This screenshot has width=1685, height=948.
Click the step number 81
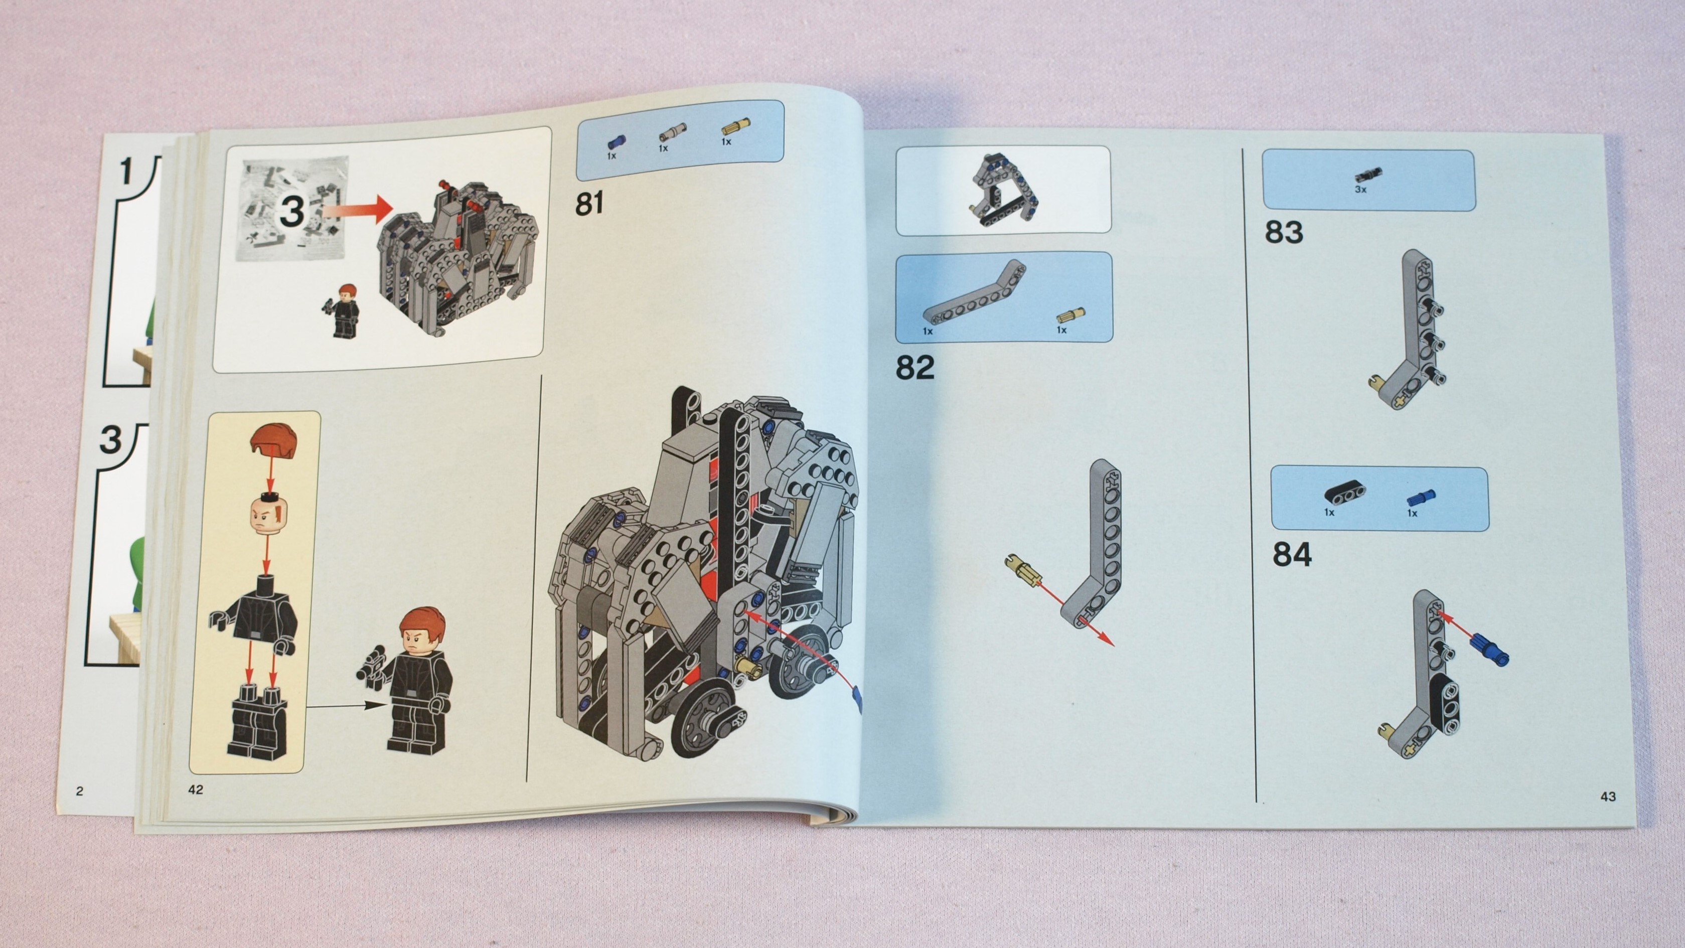tap(589, 204)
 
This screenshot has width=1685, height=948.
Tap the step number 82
tap(914, 368)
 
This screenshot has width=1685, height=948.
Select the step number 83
tap(1283, 232)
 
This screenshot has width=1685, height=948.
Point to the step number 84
tap(1292, 555)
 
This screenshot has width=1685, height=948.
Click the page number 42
tap(196, 789)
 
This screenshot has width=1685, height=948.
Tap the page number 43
tap(1608, 796)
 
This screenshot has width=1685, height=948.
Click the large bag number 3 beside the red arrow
tap(292, 211)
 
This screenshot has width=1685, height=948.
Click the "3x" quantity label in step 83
tap(1360, 189)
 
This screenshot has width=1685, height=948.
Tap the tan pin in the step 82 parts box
tap(1071, 316)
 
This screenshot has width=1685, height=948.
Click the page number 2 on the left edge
tap(80, 791)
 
